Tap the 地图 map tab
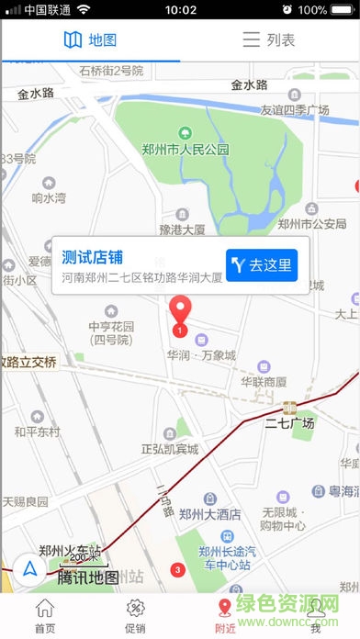[90, 39]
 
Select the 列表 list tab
[269, 39]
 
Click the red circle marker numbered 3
[178, 570]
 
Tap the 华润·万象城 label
[201, 355]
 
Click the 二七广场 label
[289, 423]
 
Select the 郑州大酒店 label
[210, 515]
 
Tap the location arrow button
[31, 569]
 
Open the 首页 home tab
[44, 616]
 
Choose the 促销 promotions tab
[134, 616]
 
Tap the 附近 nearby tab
[224, 616]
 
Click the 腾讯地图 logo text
[88, 577]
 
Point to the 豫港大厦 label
[182, 230]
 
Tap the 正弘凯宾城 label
[170, 449]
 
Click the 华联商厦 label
[264, 381]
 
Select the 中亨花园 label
[111, 332]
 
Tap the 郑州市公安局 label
[312, 223]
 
